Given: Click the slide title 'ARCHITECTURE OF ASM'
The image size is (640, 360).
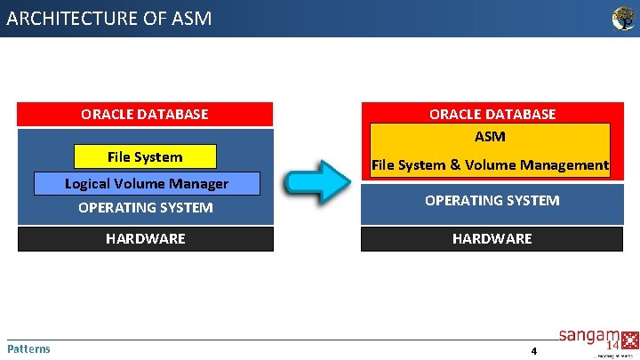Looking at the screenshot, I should coord(109,18).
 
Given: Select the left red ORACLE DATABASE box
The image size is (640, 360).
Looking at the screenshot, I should coord(145,114).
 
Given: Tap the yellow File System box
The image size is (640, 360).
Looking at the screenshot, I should coord(145,157).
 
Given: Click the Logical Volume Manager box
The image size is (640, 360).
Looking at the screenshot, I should coord(147,184).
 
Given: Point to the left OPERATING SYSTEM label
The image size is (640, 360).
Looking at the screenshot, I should coord(146,208).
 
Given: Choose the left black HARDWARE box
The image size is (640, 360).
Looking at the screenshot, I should coord(145,238).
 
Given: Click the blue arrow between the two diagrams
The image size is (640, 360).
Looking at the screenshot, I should coord(317,182).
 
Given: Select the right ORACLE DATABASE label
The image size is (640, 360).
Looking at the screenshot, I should coord(492,114).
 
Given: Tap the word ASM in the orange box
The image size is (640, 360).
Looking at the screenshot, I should coord(490,136).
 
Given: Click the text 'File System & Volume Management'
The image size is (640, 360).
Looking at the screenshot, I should coord(490,164).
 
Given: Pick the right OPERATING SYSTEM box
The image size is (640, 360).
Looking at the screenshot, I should coord(492,201).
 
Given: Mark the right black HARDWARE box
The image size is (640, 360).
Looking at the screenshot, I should coord(492,238).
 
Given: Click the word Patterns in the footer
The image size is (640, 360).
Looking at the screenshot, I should coord(28,348).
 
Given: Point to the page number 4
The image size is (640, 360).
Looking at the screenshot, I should coord(534,351).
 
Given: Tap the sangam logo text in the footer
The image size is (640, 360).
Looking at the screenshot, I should coord(583,336).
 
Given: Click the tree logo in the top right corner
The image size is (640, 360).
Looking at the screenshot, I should coord(624,19).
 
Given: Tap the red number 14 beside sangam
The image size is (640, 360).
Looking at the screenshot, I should coord(613,344).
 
